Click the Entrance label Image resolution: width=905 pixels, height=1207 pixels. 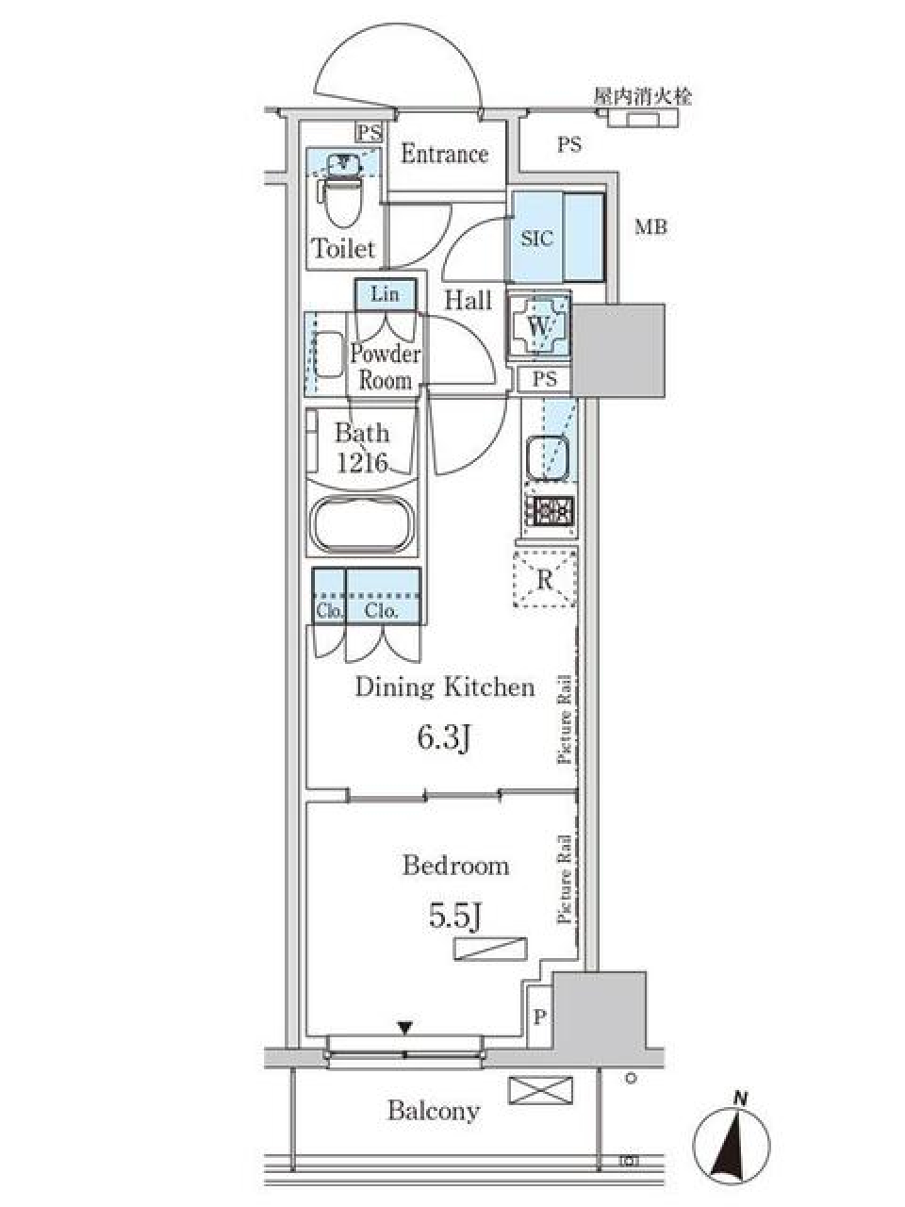pos(444,154)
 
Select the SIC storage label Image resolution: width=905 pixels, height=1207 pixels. pos(536,239)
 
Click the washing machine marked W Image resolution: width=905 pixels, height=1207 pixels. pos(539,326)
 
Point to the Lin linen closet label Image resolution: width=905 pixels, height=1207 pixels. pos(385,294)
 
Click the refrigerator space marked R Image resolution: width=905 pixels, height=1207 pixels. pos(545,579)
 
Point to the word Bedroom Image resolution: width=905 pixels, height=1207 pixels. pos(455,865)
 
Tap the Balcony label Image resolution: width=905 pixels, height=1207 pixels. pos(434,1111)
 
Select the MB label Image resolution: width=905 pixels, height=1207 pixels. pos(650,227)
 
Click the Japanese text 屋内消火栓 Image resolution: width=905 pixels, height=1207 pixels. pos(642,96)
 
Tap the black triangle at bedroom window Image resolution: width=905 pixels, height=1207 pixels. pos(405,1028)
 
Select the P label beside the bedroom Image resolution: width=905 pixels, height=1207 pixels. pos(539,1017)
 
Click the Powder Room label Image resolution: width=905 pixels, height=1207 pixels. pos(385,367)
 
